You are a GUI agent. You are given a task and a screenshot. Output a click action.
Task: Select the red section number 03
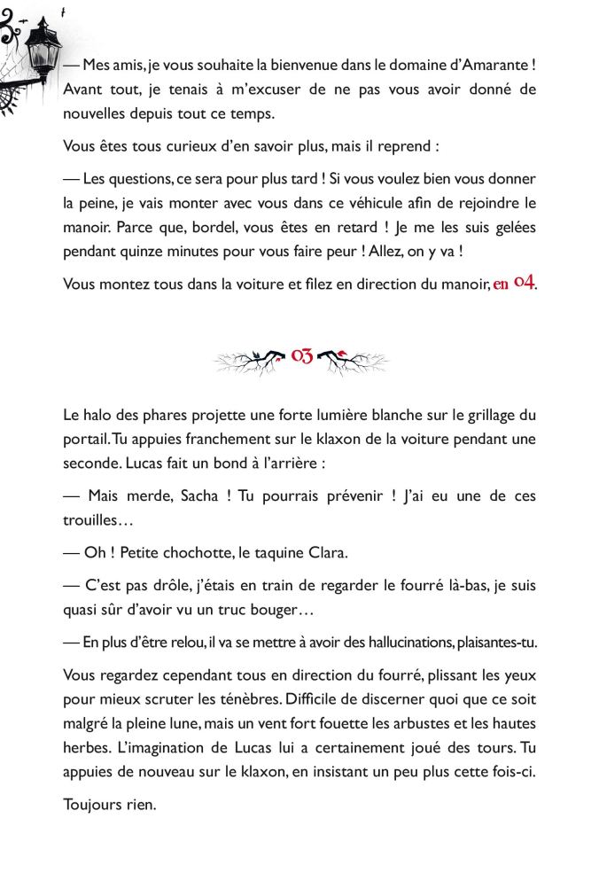tap(301, 357)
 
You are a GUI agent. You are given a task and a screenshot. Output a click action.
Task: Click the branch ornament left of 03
tap(250, 360)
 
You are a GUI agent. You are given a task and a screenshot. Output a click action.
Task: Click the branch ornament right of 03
tap(353, 360)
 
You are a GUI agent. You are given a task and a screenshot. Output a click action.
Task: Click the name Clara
tap(325, 552)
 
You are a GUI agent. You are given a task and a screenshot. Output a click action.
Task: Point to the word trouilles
tap(97, 520)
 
